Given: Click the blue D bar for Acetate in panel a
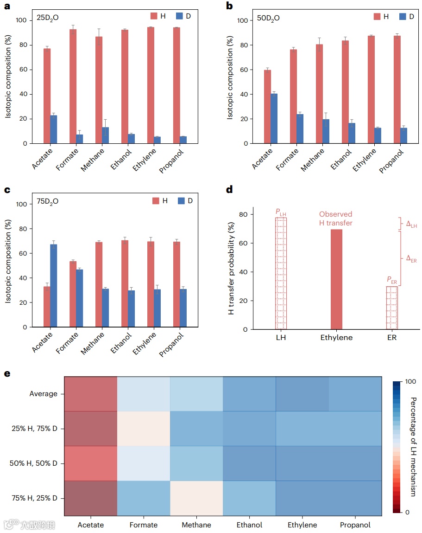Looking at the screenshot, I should pos(54,129).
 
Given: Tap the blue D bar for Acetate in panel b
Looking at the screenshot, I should pos(274,119).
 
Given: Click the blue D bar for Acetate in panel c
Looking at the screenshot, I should pos(54,286).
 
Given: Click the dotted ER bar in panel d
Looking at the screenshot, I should pos(392,308).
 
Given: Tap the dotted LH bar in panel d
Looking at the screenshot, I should pos(281,274).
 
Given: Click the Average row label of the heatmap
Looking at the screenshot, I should pos(44,394).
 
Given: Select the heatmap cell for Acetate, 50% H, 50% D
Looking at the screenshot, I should pos(91,463).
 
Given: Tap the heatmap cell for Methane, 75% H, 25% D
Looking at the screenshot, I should pos(196,498).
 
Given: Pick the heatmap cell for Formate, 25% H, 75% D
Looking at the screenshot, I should pos(144,429).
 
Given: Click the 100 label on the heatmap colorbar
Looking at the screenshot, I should pos(410,382).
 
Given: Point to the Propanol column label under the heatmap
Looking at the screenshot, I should pos(355,525).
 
